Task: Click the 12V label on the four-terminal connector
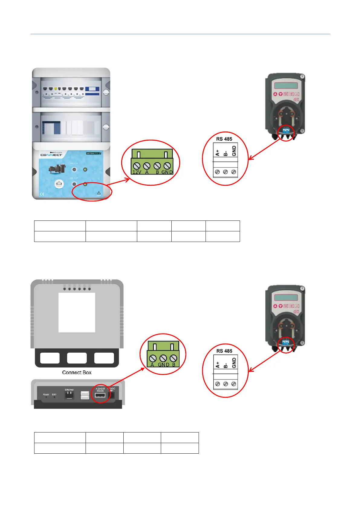[x=137, y=172]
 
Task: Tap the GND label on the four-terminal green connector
[x=167, y=172]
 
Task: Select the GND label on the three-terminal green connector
[x=164, y=365]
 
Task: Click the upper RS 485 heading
[x=224, y=139]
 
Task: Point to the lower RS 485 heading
[x=224, y=351]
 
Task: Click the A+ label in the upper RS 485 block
[x=217, y=153]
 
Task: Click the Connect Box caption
[x=77, y=373]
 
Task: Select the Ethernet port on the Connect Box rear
[x=69, y=395]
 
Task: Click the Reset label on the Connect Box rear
[x=46, y=394]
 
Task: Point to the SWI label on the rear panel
[x=54, y=394]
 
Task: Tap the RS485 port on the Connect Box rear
[x=100, y=395]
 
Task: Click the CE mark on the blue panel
[x=42, y=194]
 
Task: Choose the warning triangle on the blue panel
[x=99, y=193]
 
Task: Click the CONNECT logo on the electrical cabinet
[x=51, y=155]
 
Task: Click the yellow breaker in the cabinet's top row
[x=56, y=89]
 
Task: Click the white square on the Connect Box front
[x=77, y=312]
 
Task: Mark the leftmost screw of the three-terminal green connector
[x=153, y=358]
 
